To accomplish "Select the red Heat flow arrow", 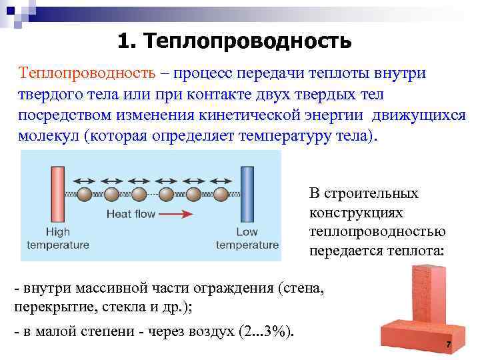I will click(177, 214).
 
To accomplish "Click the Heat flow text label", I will click(131, 214).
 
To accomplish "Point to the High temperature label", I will click(57, 239).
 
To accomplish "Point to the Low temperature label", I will click(247, 239).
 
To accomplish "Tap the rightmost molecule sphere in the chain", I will click(220, 195).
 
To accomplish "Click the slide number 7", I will click(449, 345).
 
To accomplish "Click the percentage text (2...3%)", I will click(266, 332).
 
